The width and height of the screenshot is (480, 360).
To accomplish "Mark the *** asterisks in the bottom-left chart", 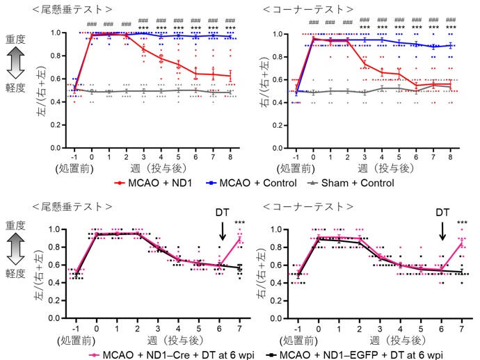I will (240, 223).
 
